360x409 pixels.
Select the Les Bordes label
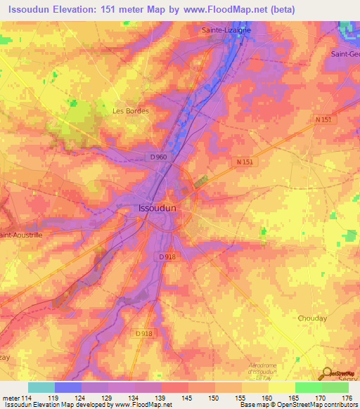pyautogui.click(x=131, y=110)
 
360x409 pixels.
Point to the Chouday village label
pyautogui.click(x=312, y=318)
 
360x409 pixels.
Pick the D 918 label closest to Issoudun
pyautogui.click(x=167, y=257)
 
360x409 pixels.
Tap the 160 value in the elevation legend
pyautogui.click(x=267, y=398)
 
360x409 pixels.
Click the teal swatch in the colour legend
pyautogui.click(x=41, y=387)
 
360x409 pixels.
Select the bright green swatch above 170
pyautogui.click(x=308, y=387)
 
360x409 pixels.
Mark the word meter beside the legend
pyautogui.click(x=9, y=398)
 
